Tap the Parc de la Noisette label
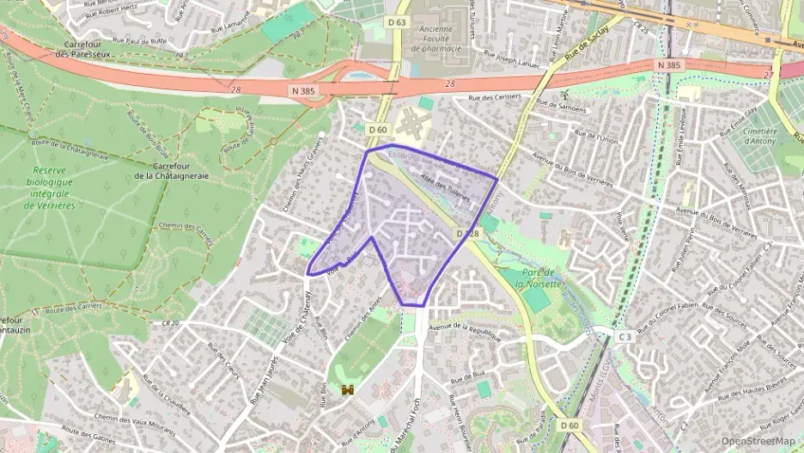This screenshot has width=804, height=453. click(539, 278)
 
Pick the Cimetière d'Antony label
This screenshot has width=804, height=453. click(759, 136)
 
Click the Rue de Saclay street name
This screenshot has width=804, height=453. click(588, 52)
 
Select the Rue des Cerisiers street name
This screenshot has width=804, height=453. click(494, 98)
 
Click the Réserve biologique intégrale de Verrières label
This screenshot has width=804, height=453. click(50, 188)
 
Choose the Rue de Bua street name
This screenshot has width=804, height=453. click(468, 377)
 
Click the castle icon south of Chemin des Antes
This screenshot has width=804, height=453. click(348, 390)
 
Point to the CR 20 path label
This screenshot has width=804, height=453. click(168, 323)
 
